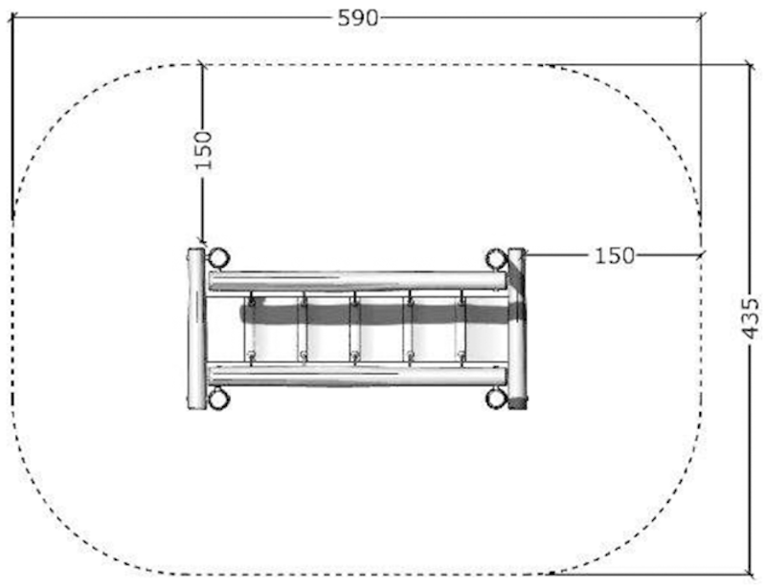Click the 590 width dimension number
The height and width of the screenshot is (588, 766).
[x=357, y=17]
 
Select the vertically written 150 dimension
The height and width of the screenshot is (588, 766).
[x=203, y=149]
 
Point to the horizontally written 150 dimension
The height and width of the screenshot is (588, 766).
[x=614, y=255]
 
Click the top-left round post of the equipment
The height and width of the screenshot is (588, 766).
[x=218, y=258]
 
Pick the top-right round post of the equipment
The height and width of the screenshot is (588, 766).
[x=496, y=258]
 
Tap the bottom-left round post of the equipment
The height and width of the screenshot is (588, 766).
[x=218, y=398]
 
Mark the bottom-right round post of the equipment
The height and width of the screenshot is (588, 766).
[x=496, y=398]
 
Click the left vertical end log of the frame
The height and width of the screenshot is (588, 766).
[x=196, y=328]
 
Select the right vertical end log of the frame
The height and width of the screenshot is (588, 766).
[x=517, y=328]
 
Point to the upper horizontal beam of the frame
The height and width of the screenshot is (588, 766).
[x=356, y=281]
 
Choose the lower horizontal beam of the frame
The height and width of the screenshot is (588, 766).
[x=356, y=374]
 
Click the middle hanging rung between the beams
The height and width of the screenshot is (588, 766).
[x=355, y=328]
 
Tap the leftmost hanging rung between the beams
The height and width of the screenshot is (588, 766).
[x=251, y=328]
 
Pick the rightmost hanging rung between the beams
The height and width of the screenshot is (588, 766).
[x=462, y=328]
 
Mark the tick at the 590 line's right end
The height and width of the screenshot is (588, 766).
[x=701, y=17]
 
